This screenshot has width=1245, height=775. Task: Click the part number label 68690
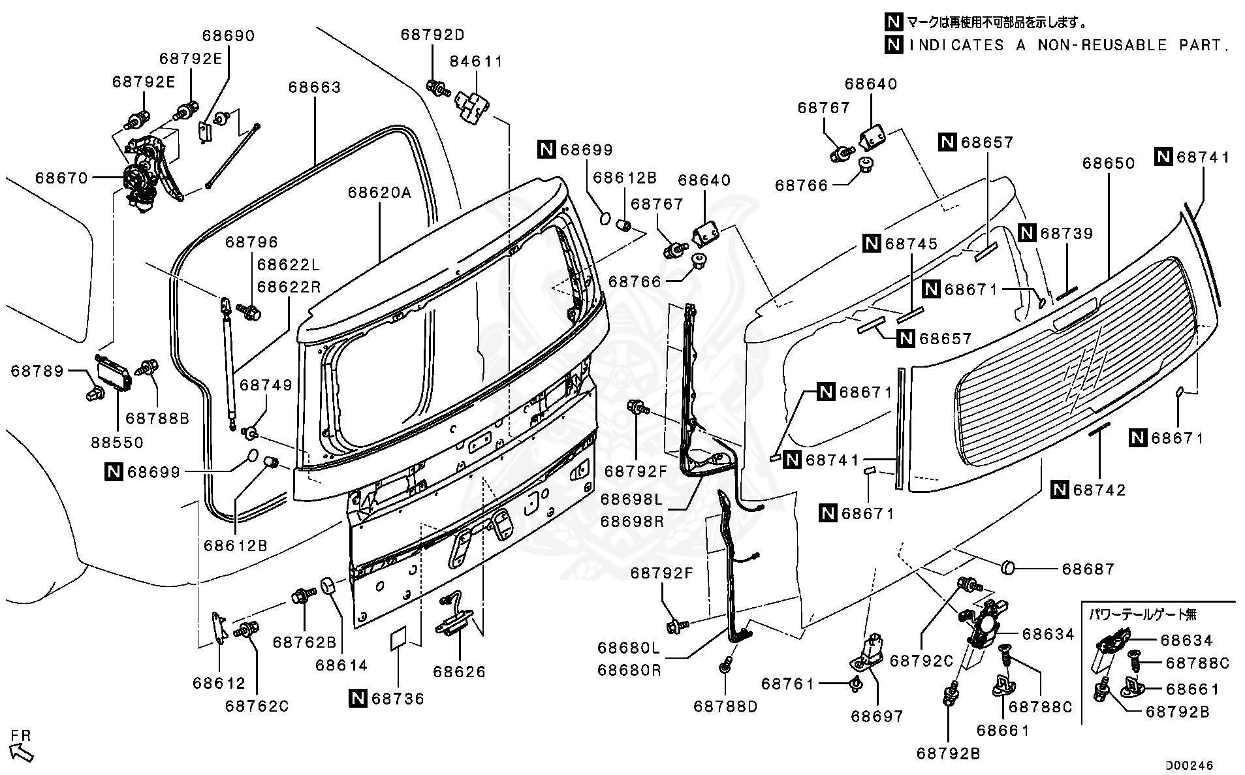[x=229, y=36]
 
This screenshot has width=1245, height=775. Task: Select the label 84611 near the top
[x=477, y=61]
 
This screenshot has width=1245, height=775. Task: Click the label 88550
[x=118, y=442]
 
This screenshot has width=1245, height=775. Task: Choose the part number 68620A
[x=380, y=193]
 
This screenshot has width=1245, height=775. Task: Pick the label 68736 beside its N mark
[x=398, y=699]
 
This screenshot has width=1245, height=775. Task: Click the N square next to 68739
[x=1028, y=233]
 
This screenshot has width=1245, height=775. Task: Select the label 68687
[x=1088, y=569]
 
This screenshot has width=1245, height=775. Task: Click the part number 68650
[x=1109, y=163]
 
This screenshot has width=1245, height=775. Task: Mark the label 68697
[x=877, y=716]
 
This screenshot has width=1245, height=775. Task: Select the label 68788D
[x=725, y=706]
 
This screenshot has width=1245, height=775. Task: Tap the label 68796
[x=252, y=242]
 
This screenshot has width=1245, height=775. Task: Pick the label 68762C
[x=257, y=706]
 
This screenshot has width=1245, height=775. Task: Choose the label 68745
[x=911, y=244]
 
